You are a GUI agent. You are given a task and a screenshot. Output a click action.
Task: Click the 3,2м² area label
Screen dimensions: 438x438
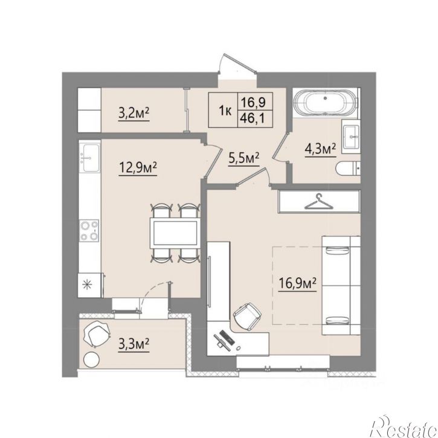pyautogui.click(x=134, y=114)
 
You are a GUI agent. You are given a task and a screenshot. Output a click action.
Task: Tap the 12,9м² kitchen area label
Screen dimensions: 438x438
pyautogui.click(x=138, y=168)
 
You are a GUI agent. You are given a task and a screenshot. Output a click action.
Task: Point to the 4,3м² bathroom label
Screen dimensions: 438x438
pyautogui.click(x=320, y=149)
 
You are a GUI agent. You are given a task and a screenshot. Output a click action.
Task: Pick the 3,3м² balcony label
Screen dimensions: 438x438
pyautogui.click(x=134, y=344)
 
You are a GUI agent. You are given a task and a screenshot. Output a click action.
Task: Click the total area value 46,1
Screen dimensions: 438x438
pyautogui.click(x=253, y=120)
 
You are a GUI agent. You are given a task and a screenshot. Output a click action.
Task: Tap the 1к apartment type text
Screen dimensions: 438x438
pyautogui.click(x=225, y=111)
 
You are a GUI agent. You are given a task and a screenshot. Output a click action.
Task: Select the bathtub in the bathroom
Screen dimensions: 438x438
pyautogui.click(x=325, y=103)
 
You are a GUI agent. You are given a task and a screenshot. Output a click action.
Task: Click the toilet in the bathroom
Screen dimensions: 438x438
pyautogui.click(x=348, y=169)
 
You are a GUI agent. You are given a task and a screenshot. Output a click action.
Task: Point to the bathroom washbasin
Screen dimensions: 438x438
pyautogui.click(x=351, y=137)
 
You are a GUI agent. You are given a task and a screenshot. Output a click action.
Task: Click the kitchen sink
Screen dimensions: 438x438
pyautogui.click(x=89, y=158)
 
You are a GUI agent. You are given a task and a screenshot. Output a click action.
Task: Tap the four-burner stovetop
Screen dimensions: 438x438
pyautogui.click(x=89, y=230)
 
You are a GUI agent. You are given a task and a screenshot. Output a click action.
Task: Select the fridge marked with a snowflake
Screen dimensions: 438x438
pyautogui.click(x=89, y=285)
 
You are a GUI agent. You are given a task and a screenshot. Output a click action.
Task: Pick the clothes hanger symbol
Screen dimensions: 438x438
pyautogui.click(x=319, y=202)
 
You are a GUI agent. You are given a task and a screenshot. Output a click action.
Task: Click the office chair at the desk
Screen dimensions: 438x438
pyautogui.click(x=248, y=317)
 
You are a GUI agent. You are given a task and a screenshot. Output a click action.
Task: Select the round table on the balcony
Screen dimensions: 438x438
pyautogui.click(x=92, y=360)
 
